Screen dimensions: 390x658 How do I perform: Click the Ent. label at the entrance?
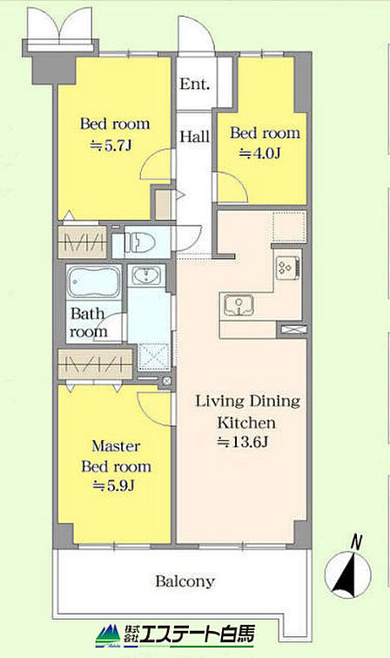click(195, 84)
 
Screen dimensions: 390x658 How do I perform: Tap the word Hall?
click(195, 136)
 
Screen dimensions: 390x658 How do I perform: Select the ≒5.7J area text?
click(111, 146)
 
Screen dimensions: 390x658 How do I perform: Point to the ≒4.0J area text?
click(259, 154)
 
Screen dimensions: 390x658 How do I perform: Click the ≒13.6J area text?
click(242, 442)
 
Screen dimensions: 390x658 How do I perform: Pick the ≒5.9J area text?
click(113, 485)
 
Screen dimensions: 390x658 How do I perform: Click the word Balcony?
click(185, 581)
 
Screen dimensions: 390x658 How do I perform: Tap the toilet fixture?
click(139, 242)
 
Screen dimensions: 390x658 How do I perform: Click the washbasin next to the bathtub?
click(146, 275)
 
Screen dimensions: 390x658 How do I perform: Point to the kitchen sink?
click(239, 305)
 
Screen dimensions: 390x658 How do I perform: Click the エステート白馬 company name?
click(197, 634)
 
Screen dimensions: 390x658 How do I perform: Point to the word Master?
click(116, 445)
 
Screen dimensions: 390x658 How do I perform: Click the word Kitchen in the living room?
click(246, 422)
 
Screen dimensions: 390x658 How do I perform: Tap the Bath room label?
click(88, 322)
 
